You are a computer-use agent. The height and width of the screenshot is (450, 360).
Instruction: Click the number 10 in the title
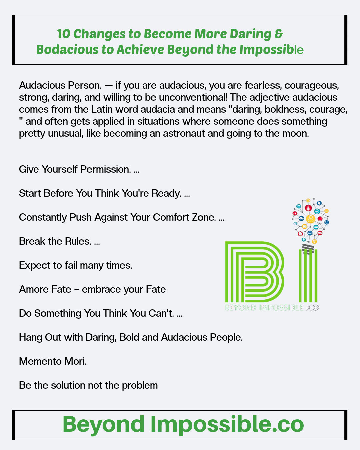tap(63, 34)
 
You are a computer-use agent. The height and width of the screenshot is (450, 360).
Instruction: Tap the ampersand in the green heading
tap(279, 34)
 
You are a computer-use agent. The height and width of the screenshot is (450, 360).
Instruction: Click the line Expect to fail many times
tap(76, 265)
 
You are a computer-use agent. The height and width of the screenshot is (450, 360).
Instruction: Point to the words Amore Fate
tap(45, 289)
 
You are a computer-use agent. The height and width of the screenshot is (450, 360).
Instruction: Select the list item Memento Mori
tap(53, 361)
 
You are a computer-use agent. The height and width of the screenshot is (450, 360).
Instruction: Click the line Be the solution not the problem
tap(88, 385)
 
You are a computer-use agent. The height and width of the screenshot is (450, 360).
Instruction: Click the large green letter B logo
tap(255, 272)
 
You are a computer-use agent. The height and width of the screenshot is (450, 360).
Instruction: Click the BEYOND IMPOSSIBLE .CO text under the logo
tap(272, 308)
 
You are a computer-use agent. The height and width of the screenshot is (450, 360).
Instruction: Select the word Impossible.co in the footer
tap(227, 424)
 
